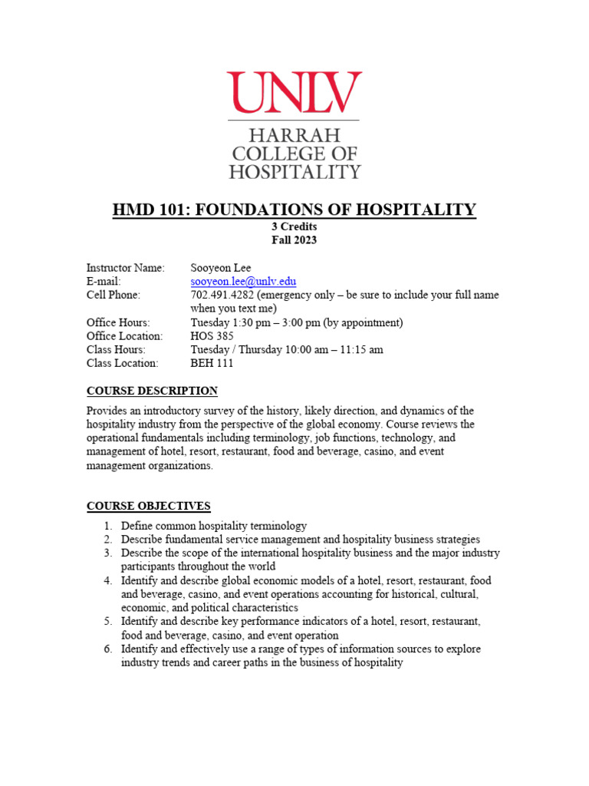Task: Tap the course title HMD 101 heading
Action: point(294,210)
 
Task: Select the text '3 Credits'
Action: point(294,226)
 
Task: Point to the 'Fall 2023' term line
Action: point(294,239)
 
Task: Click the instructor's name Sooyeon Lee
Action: point(220,268)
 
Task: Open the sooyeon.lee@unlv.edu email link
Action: point(243,282)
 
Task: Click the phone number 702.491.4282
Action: point(222,295)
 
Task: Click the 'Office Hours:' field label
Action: point(118,322)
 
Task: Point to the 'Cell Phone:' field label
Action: point(114,295)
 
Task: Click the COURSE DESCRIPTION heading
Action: point(152,391)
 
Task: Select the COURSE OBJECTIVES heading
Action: point(148,506)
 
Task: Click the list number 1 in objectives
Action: point(108,526)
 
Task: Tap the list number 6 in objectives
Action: point(108,649)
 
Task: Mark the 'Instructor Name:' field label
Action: point(125,268)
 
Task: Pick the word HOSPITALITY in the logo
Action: point(294,170)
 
